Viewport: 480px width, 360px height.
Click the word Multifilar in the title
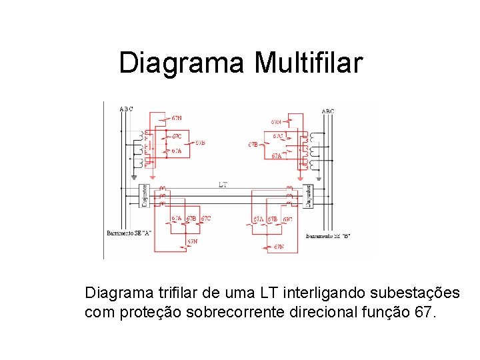[x=308, y=63]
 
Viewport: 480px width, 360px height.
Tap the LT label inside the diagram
[x=223, y=184]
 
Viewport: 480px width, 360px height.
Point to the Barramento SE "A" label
[x=129, y=233]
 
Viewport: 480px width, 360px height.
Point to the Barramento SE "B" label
[x=328, y=236]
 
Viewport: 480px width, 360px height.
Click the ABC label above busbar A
[x=126, y=109]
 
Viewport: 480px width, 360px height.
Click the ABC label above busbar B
[x=328, y=111]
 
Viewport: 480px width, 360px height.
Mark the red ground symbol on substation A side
[x=152, y=179]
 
